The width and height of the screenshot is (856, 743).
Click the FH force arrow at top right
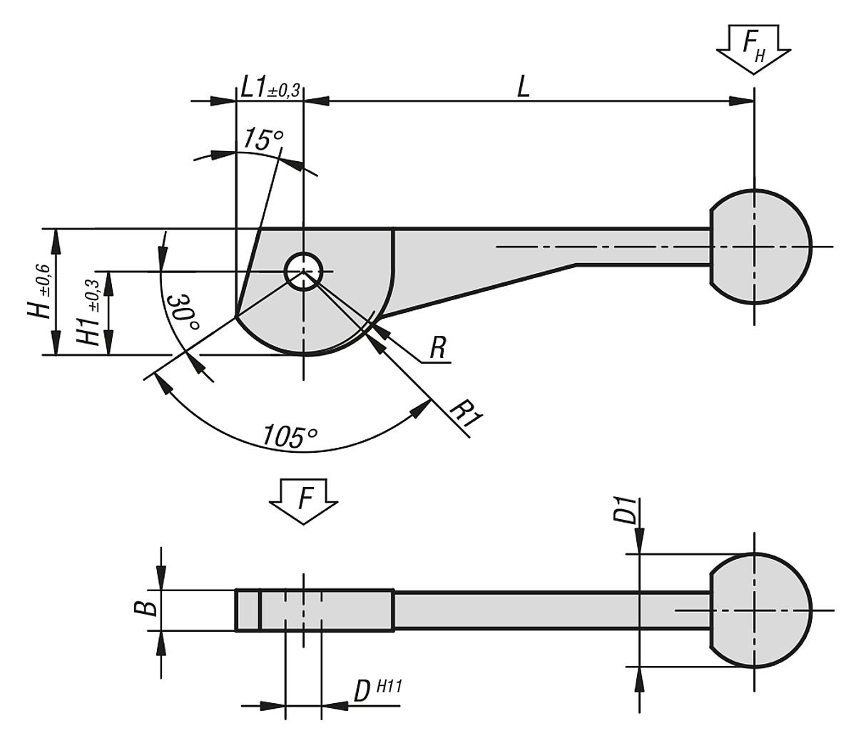(754, 47)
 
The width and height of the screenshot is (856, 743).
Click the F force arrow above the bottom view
(304, 501)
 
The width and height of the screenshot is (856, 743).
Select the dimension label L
(524, 87)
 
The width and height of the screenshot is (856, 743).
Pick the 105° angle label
(288, 434)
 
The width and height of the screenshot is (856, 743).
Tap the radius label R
(437, 349)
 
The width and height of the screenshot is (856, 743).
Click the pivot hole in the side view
(304, 271)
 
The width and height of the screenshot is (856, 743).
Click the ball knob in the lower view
(760, 610)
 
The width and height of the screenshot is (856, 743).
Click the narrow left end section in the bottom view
(248, 610)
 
